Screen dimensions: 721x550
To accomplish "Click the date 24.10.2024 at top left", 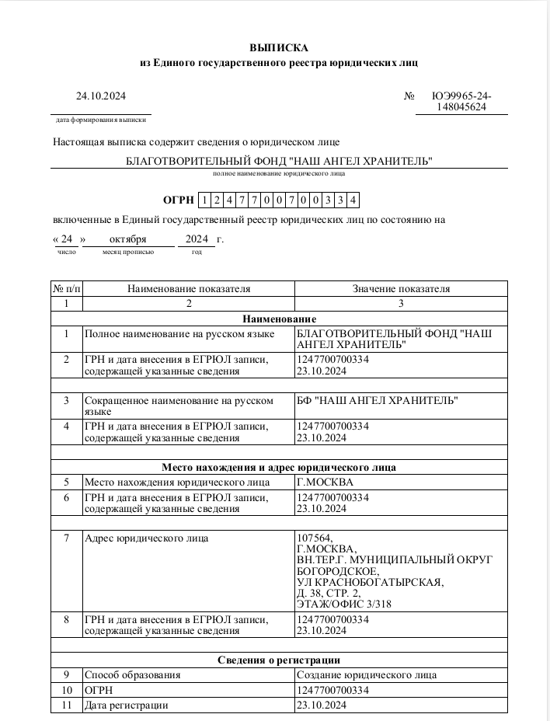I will click(100, 96).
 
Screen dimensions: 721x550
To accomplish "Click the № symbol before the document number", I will click(409, 96).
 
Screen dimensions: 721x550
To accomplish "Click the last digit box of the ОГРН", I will click(353, 200).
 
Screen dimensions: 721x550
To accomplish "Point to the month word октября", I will click(128, 239).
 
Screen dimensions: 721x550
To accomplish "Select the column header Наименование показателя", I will click(189, 289).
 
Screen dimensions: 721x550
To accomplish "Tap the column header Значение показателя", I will click(401, 289).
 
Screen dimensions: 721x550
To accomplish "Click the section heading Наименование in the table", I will click(280, 319).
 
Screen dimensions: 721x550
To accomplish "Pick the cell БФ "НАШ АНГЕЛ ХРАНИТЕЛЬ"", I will click(378, 401).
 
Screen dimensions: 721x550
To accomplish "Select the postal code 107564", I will click(315, 538).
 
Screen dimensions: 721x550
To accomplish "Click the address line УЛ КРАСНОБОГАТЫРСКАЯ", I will click(371, 582).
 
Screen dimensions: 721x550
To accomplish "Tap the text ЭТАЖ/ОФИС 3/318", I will click(343, 604).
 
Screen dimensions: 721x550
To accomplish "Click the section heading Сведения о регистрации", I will click(280, 660).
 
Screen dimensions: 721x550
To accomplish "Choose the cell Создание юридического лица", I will click(372, 675).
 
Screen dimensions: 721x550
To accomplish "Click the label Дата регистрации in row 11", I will click(126, 705).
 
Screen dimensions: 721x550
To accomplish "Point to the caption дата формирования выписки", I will click(101, 120).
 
